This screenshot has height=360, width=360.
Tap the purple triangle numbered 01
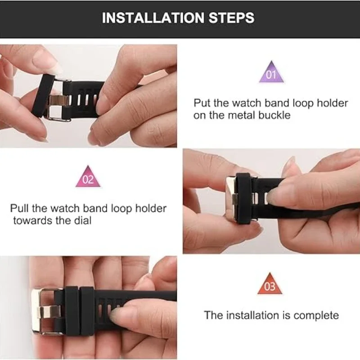click(271, 73)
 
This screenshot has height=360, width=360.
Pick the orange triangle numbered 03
click(270, 284)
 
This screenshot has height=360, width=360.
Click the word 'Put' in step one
click(201, 103)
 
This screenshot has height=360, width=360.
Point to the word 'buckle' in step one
click(274, 115)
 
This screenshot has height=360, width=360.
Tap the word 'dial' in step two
click(82, 221)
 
